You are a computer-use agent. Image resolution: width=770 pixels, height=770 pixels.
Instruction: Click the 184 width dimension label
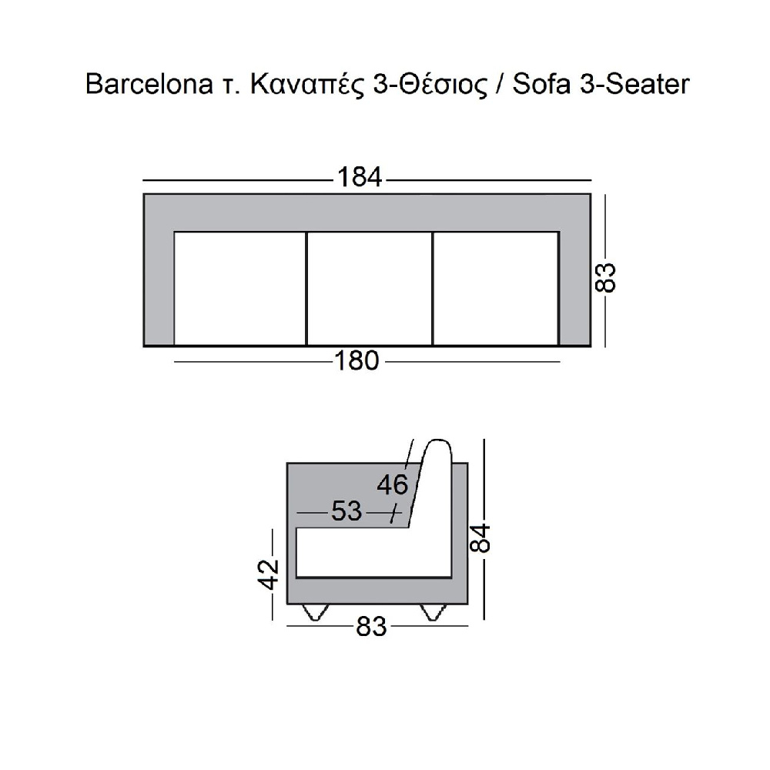click(x=360, y=177)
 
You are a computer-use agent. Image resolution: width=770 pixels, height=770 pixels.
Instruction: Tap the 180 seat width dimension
click(x=357, y=360)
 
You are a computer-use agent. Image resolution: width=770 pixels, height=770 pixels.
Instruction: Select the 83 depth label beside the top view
click(x=605, y=278)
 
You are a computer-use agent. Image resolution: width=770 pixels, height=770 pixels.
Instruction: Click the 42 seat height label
click(x=269, y=574)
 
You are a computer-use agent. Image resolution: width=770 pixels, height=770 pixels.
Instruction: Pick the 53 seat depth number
click(x=346, y=511)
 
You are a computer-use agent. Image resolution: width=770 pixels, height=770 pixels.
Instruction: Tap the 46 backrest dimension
click(x=393, y=484)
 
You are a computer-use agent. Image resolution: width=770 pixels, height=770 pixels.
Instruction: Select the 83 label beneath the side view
click(x=371, y=627)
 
